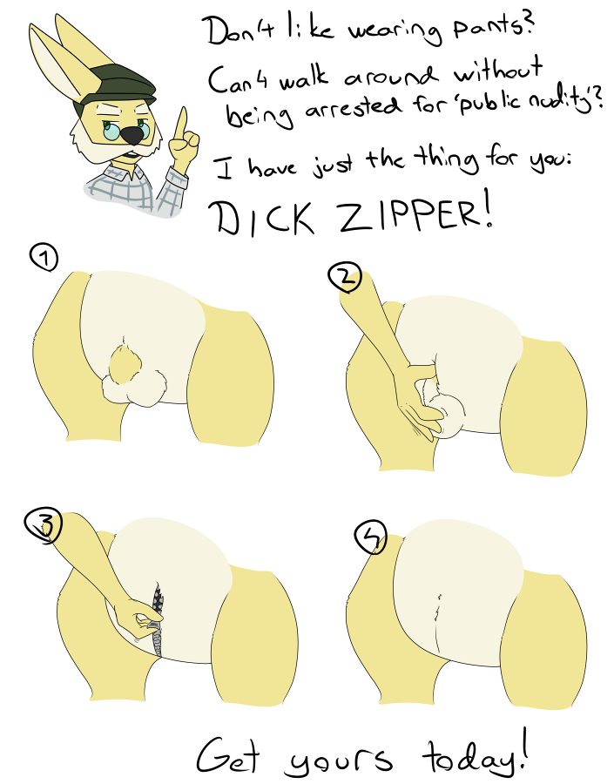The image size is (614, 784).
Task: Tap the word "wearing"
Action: coord(395,33)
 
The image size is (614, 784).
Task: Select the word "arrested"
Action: coord(353,107)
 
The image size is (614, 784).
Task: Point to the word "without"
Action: coord(498,72)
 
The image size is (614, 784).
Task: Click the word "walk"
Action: coord(304,79)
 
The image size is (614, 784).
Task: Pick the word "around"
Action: coord(390,76)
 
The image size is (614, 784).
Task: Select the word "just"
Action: coord(334,164)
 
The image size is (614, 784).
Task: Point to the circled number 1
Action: coord(44,259)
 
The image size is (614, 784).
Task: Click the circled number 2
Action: coord(345,278)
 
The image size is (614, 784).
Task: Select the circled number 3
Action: coord(43,525)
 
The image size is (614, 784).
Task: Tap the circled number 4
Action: coord(370,537)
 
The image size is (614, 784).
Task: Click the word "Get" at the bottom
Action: coord(228,756)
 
